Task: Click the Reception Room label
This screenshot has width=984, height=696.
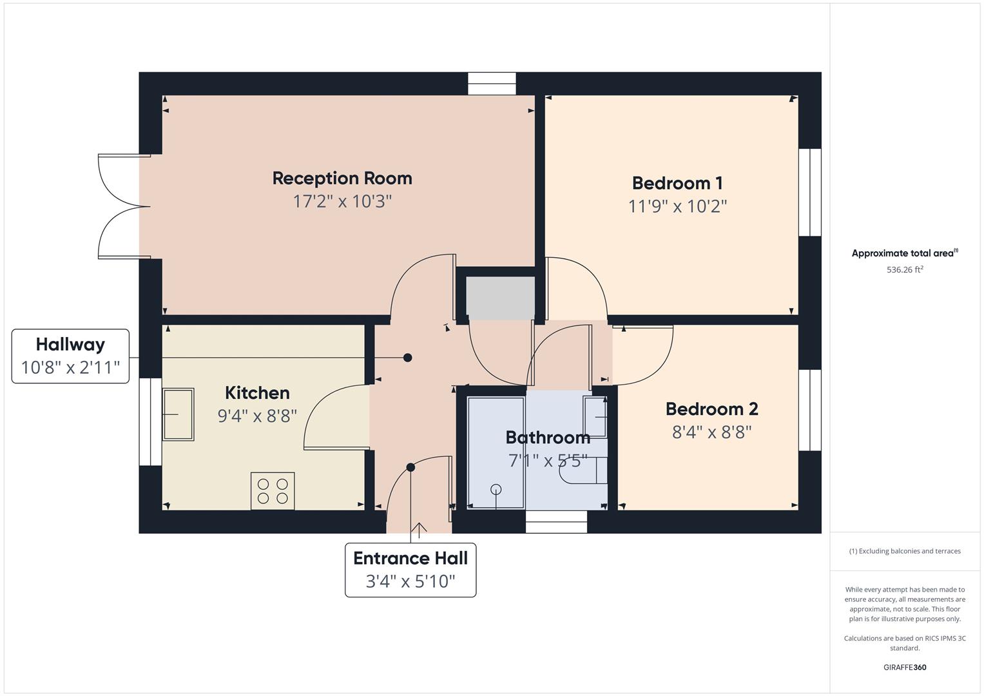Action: coord(342,178)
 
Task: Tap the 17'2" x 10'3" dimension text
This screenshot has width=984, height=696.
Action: coord(342,202)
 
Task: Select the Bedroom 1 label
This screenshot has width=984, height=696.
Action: coord(677,183)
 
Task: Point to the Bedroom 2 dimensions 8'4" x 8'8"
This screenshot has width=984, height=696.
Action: coord(711,432)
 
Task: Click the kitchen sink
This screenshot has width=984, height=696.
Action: coord(177,414)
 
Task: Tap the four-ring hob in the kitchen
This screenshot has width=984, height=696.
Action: coord(273,491)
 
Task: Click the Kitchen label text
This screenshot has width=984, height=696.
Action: coord(257,392)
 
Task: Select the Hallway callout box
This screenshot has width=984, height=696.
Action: coord(70,356)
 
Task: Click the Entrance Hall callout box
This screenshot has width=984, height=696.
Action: coord(410,570)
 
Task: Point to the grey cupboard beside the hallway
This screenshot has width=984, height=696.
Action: coord(500,298)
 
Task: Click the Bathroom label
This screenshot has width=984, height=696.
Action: coord(548,438)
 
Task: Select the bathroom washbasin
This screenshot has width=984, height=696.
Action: coord(595,417)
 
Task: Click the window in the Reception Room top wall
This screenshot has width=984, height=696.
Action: coord(492,84)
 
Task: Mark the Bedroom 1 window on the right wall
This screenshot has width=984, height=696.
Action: coord(809,193)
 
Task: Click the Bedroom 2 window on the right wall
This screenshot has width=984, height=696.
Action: coord(809,410)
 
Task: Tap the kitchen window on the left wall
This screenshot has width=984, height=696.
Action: coord(150,421)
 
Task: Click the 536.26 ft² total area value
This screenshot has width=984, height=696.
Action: coord(904,270)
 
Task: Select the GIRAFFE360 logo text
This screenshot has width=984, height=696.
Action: coord(904,667)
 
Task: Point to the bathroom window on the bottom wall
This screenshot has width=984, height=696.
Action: coord(556,522)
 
